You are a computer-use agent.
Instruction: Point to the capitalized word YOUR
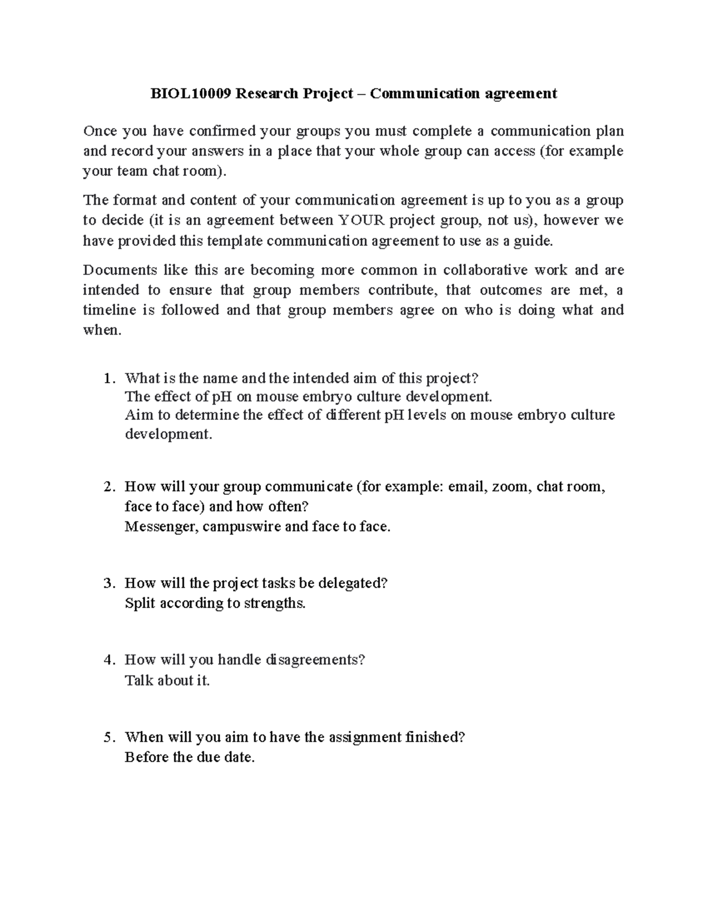pyautogui.click(x=360, y=221)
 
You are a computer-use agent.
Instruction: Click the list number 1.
pyautogui.click(x=107, y=378)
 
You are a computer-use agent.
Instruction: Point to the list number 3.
pyautogui.click(x=107, y=583)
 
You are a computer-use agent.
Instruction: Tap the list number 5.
pyautogui.click(x=107, y=737)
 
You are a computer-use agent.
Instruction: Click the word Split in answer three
pyautogui.click(x=140, y=603)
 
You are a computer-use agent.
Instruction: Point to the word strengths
pyautogui.click(x=275, y=603)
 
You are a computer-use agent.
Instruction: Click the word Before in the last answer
pyautogui.click(x=146, y=757)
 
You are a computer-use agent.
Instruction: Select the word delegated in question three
pyautogui.click(x=353, y=583)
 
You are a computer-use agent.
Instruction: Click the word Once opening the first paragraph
pyautogui.click(x=100, y=131)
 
